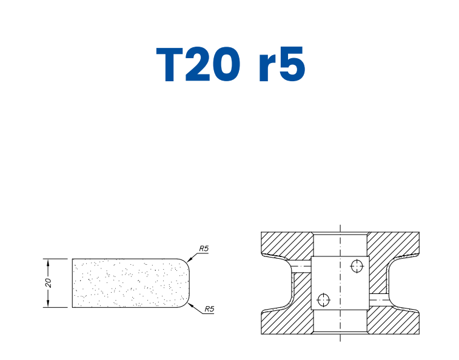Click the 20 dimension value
pos(49,283)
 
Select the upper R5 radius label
pos(204,248)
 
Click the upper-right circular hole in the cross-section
pos(357,265)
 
